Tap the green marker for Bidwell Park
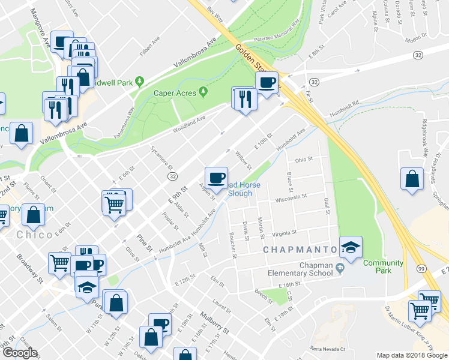click(x=140, y=81)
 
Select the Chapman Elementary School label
click(x=300, y=269)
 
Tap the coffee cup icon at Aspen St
click(x=216, y=178)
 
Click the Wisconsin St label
click(x=291, y=197)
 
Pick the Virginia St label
click(x=285, y=233)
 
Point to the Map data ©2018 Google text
click(x=412, y=355)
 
